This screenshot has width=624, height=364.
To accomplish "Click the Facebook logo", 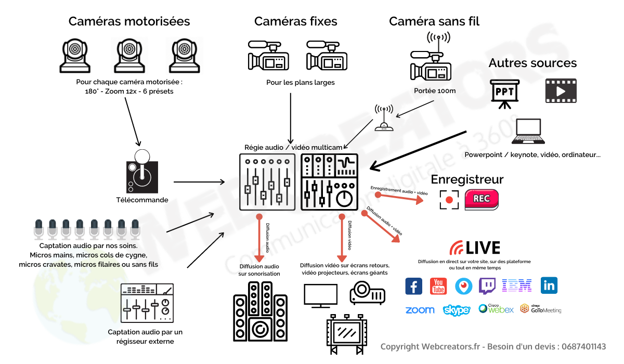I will (414, 285).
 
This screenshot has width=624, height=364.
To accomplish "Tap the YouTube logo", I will (438, 285).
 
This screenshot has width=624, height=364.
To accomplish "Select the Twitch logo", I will (487, 285).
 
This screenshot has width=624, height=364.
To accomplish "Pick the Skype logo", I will (457, 310).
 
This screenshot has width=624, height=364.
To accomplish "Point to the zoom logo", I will (420, 310).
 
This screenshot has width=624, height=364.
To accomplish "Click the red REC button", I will (481, 200).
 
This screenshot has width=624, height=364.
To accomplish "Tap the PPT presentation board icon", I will (505, 93).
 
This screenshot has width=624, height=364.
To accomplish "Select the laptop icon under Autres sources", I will (529, 132).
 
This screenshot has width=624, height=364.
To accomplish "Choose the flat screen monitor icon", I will (320, 295).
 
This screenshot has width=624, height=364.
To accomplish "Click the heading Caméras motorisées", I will (129, 21).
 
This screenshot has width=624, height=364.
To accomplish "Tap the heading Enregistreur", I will (467, 179).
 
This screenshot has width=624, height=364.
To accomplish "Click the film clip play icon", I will (561, 91).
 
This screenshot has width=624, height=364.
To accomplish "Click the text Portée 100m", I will (435, 90).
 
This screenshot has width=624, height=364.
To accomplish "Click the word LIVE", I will (483, 248).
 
